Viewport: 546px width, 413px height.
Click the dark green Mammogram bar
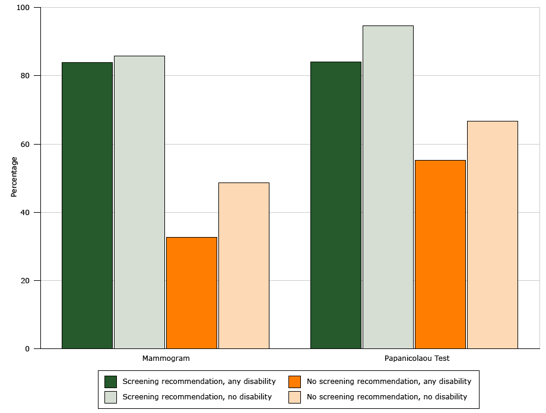click(x=87, y=206)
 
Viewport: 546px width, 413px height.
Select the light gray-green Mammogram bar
click(x=139, y=202)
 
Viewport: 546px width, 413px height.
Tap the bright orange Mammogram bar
click(x=192, y=293)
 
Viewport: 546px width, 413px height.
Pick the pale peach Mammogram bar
click(x=244, y=265)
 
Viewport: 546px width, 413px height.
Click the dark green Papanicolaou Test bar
click(x=336, y=205)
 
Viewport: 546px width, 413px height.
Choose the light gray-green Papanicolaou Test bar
click(x=388, y=187)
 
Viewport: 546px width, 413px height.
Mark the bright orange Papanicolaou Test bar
click(x=440, y=254)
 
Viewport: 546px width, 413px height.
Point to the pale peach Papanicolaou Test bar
click(x=493, y=235)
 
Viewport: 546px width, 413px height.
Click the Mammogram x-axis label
click(x=166, y=358)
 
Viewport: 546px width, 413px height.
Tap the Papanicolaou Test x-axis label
click(x=417, y=358)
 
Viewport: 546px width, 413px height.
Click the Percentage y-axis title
click(x=14, y=177)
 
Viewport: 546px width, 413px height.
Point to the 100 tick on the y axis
click(x=24, y=8)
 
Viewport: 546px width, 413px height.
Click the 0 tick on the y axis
click(x=27, y=349)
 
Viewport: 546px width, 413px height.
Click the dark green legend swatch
click(x=110, y=382)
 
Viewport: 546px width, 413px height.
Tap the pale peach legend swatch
click(x=295, y=397)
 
